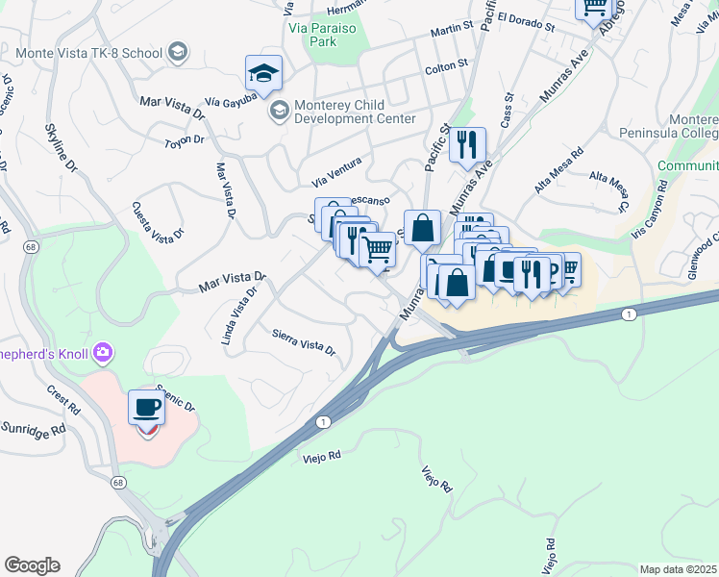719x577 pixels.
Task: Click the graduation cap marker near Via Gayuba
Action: (x=263, y=72)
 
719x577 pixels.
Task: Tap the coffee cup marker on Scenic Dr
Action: (x=146, y=408)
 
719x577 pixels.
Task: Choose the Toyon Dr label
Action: (x=185, y=140)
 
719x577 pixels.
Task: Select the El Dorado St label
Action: (x=527, y=22)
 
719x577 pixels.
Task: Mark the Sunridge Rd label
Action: (x=33, y=426)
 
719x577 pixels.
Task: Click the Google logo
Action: (x=32, y=564)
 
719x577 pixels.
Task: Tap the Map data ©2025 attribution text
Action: (x=678, y=569)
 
